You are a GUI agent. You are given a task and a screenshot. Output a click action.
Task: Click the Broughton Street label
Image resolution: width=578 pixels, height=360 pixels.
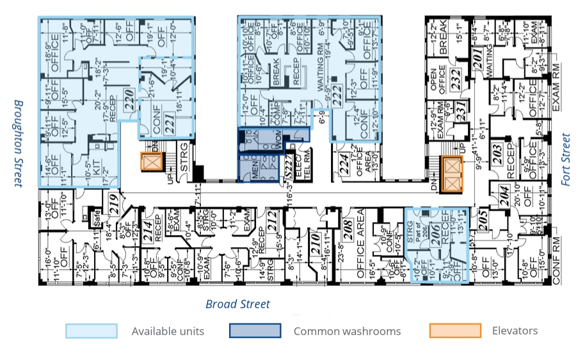coord(19,143)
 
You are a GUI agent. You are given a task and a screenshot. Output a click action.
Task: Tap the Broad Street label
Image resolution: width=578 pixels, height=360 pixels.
coord(237,304)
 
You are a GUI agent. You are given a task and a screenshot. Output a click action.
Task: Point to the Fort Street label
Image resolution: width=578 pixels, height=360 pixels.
coord(565,160)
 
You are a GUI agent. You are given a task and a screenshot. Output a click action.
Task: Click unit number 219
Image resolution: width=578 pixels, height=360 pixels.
coord(114,202)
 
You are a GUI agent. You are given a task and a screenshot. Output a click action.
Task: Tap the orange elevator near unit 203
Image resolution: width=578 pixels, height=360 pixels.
coord(452,172)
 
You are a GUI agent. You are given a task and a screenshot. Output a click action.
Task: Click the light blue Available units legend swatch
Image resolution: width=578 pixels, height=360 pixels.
coord(91,331)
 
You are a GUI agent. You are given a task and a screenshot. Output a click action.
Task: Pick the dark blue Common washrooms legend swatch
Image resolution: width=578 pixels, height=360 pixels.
coord(255,331)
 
